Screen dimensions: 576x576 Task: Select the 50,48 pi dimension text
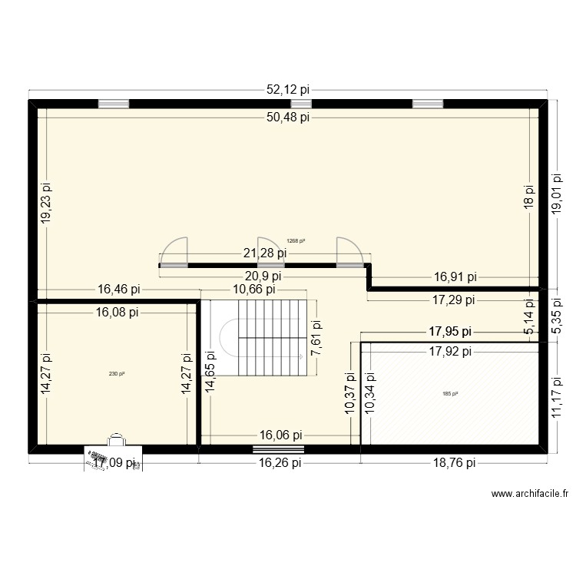tap(288, 118)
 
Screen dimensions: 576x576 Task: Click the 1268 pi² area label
tap(296, 240)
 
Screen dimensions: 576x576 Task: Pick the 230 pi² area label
tap(117, 374)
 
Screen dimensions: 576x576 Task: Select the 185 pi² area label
tap(450, 394)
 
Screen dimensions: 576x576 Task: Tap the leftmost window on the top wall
tap(113, 104)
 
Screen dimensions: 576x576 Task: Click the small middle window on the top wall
tap(301, 104)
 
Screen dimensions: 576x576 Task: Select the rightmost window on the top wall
tap(428, 104)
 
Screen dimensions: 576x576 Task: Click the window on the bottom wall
tap(279, 449)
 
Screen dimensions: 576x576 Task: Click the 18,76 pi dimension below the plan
tap(453, 462)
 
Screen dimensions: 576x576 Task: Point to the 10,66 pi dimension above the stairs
tap(253, 290)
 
